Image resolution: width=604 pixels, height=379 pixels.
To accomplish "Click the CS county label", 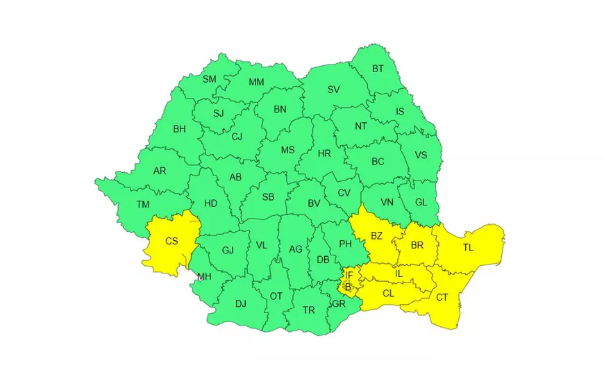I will click(171, 241).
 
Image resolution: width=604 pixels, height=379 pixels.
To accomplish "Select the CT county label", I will click(442, 297).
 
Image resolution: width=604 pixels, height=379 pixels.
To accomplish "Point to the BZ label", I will click(376, 235).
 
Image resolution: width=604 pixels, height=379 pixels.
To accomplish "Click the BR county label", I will click(417, 245).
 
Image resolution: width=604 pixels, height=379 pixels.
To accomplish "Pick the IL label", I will click(399, 273).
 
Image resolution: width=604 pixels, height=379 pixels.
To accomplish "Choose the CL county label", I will click(388, 294).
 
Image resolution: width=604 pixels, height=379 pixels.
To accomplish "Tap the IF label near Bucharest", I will click(349, 276).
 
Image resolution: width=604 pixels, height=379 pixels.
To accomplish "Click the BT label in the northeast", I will click(378, 68).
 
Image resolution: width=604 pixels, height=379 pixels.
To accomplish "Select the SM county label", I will click(210, 79).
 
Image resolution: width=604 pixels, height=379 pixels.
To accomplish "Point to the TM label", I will click(143, 204).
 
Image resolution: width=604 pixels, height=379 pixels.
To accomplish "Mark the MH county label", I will click(204, 277).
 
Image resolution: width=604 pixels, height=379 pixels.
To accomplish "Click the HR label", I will click(324, 153).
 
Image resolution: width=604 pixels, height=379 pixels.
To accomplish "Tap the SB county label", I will click(268, 196).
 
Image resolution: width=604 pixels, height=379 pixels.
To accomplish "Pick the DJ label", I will click(241, 303).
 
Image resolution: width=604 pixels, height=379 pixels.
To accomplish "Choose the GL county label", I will click(421, 202).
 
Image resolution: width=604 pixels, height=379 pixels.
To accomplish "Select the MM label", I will click(257, 82).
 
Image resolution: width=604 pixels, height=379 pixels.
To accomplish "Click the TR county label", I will click(309, 310).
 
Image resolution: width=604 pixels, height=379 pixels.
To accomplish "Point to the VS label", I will click(421, 155).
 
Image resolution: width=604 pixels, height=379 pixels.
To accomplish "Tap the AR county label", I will click(160, 170).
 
